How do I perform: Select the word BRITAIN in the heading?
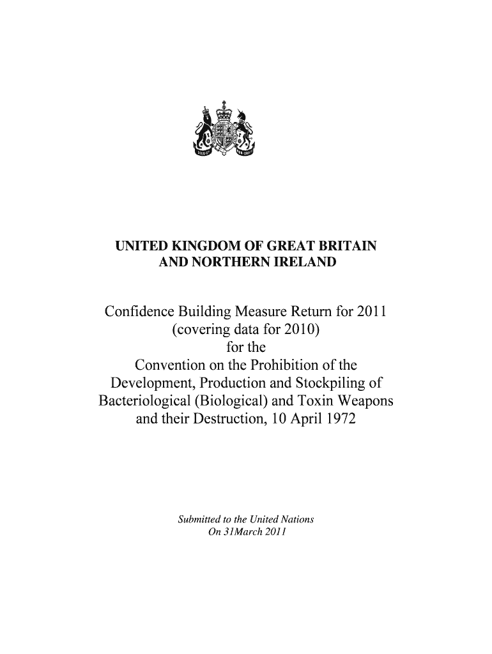click(x=348, y=246)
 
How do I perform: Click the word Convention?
click(x=172, y=366)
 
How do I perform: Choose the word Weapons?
click(x=363, y=402)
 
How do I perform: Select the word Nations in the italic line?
click(x=299, y=519)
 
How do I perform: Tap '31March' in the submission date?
click(x=238, y=531)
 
